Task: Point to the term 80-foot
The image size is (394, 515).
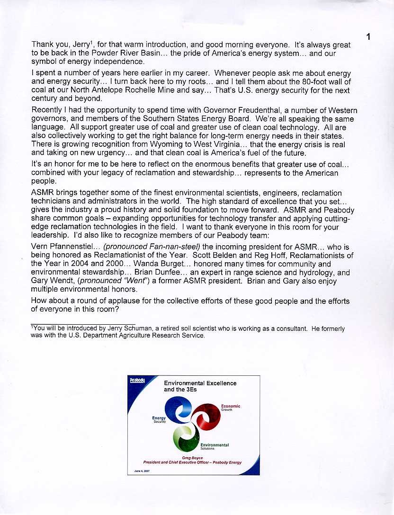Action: [295, 81]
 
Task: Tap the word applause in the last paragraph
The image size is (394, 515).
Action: [116, 300]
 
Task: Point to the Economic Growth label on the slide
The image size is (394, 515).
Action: [231, 407]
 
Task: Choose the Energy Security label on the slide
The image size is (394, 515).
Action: [159, 419]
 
